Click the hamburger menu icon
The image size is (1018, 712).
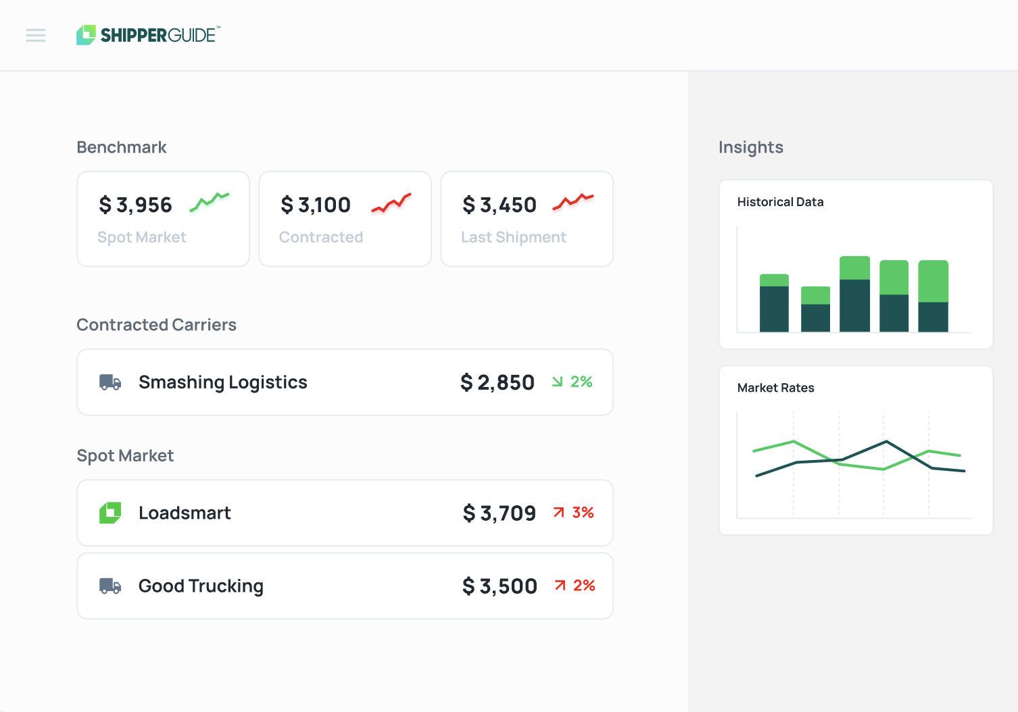36,35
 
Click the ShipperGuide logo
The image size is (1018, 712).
148,35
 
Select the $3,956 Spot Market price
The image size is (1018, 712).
136,205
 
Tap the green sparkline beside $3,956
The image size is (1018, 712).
210,201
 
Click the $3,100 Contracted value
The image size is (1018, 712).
316,205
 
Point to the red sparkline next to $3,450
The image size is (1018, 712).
573,201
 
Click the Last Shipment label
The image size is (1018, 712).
514,237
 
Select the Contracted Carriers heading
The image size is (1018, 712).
156,325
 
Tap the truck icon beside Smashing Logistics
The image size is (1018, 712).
110,382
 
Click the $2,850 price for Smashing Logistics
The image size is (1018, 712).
498,382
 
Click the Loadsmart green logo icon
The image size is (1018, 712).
110,513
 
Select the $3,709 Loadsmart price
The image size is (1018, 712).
500,513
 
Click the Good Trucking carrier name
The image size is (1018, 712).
201,586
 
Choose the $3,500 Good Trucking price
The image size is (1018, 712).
500,586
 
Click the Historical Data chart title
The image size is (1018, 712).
780,202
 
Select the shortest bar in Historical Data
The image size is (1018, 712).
815,309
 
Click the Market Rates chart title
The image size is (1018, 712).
775,388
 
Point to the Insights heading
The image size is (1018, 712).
750,147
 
